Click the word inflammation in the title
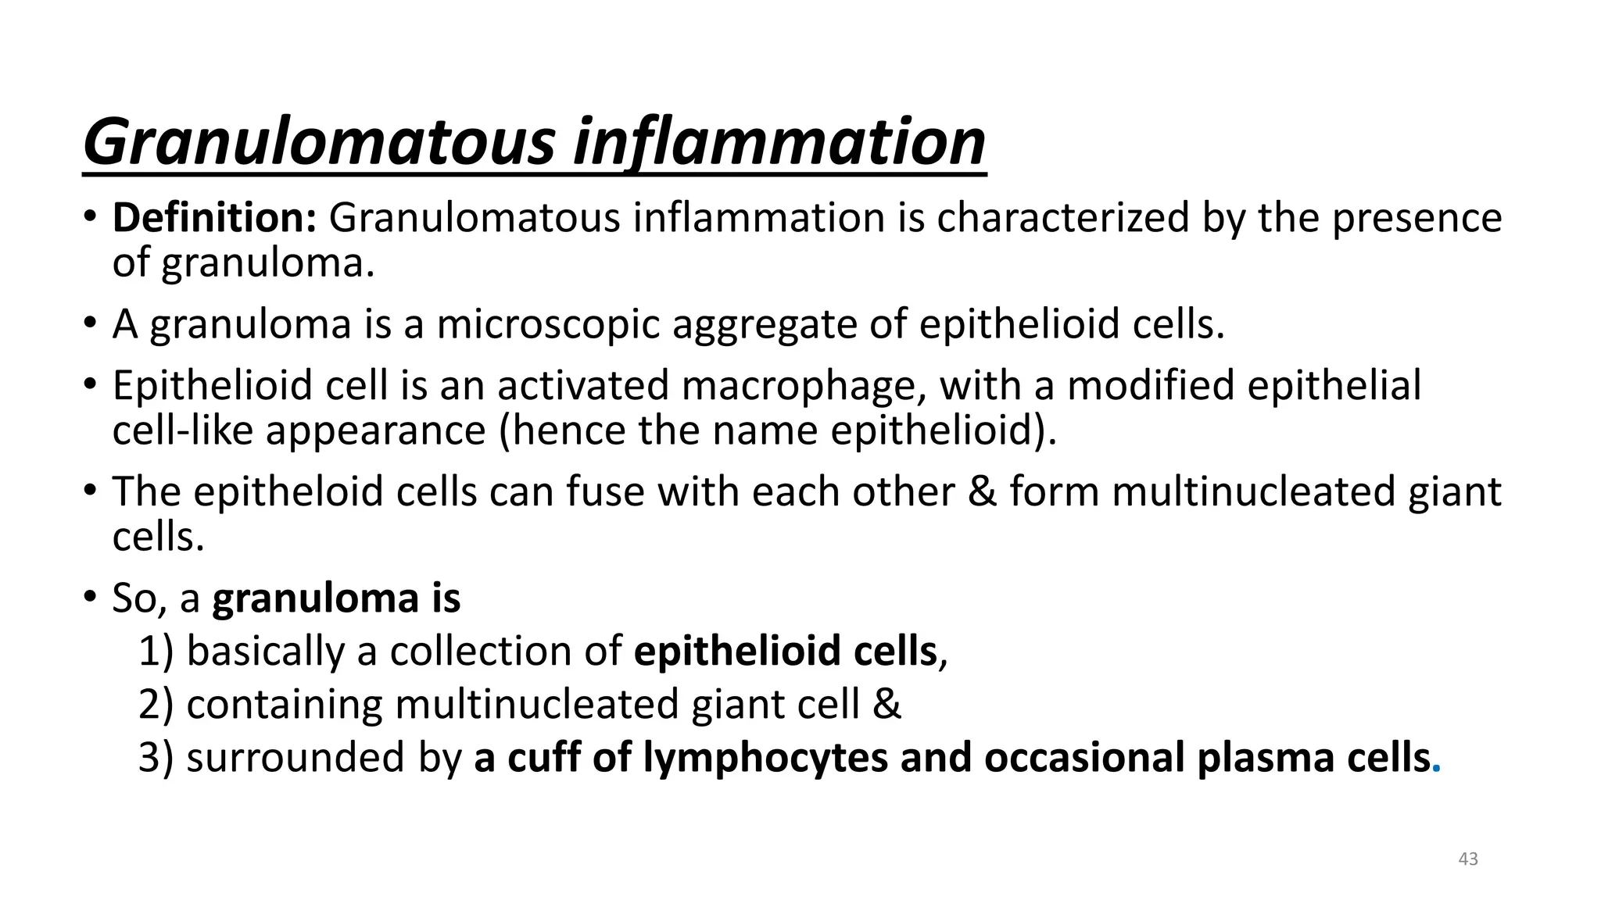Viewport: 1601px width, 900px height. coord(779,142)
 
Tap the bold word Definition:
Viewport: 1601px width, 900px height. coord(214,217)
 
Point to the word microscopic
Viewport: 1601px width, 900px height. coord(548,323)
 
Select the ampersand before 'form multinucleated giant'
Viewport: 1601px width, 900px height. coord(983,492)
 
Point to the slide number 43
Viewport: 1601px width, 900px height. coord(1468,859)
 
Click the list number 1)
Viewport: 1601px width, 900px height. coord(156,652)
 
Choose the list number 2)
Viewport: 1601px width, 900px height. coord(156,705)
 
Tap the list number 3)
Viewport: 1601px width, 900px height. coord(156,758)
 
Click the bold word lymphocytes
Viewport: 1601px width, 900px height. coord(765,758)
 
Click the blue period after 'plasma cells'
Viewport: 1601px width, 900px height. coord(1436,770)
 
